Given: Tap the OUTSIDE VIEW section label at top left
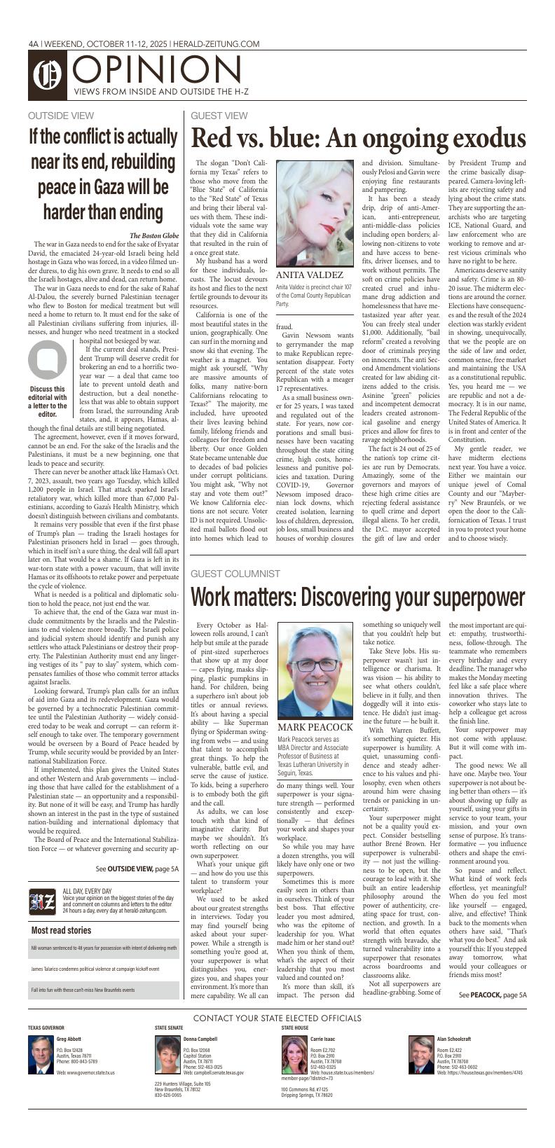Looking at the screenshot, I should tap(61, 116).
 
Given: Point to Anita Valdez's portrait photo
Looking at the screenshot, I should tap(315, 212).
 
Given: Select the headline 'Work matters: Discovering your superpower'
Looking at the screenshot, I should tap(357, 597).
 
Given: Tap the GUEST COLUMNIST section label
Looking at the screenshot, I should tap(235, 574).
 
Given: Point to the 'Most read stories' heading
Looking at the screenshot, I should tap(62, 930).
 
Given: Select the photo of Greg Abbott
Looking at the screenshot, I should tap(41, 1055).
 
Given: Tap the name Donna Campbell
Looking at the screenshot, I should tap(200, 1039).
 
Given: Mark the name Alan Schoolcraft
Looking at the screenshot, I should tap(454, 1039).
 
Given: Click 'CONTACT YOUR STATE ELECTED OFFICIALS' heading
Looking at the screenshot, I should tap(277, 1018).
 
